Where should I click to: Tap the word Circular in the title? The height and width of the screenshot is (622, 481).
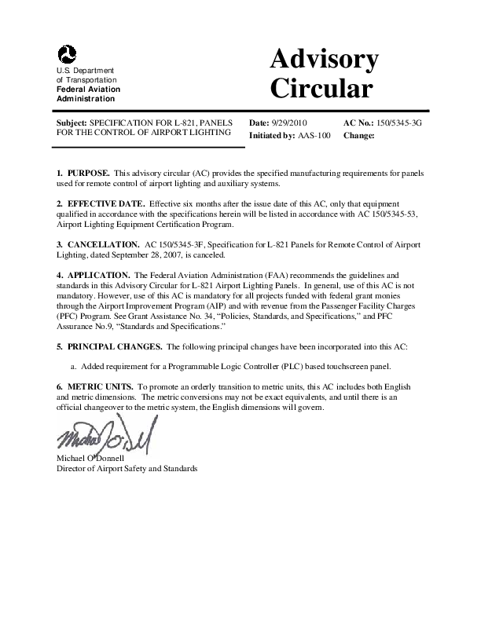[321, 88]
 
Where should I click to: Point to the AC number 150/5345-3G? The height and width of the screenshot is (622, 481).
[400, 124]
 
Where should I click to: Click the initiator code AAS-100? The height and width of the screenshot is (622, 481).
[314, 135]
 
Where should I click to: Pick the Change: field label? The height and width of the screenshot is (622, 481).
[359, 135]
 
